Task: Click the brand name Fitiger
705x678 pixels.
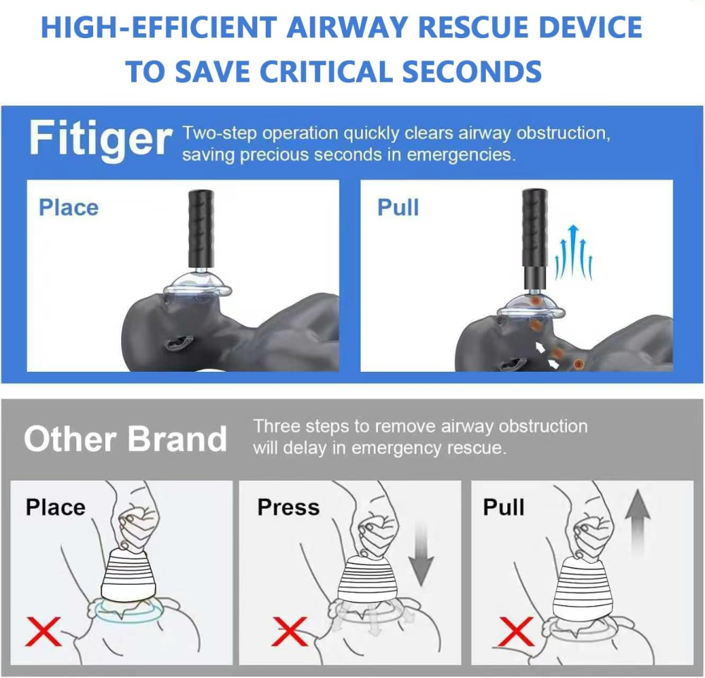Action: [x=100, y=140]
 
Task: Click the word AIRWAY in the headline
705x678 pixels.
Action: [x=351, y=28]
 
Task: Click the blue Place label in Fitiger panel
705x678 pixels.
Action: [x=68, y=207]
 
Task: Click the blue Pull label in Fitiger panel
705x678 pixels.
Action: [x=398, y=207]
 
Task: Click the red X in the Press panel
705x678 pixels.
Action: [x=289, y=630]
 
